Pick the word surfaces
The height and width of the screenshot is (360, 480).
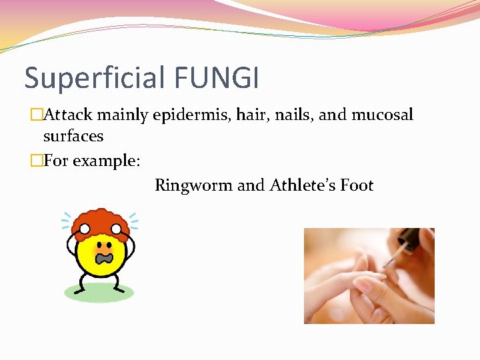coord(73,136)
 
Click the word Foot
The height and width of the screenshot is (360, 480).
coord(357,185)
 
